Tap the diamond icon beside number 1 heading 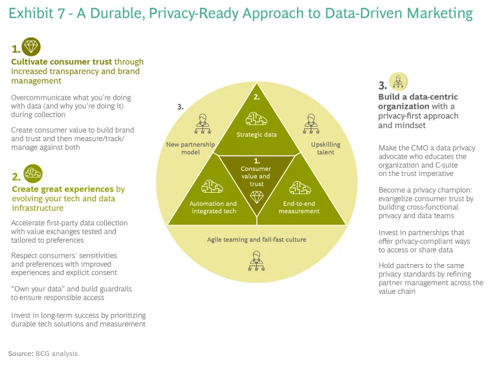coord(31,47)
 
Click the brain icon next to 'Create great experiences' coord(33,173)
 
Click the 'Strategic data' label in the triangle coord(256,135)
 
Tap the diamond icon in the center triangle coord(256,196)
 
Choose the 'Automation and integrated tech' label coord(213,207)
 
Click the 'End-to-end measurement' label coord(299,207)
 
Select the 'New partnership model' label coord(190,148)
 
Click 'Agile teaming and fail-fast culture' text coord(256,239)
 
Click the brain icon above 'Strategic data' coord(256,118)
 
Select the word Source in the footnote coord(20,354)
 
